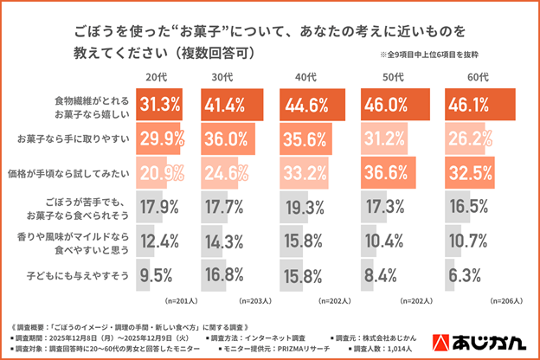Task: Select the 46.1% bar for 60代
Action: pos(480,105)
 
